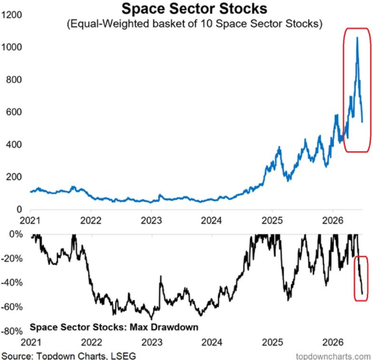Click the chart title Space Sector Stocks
(x=194, y=9)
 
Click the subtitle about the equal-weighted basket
(x=194, y=24)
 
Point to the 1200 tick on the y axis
(x=12, y=15)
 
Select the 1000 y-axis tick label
(x=12, y=47)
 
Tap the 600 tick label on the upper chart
(x=14, y=112)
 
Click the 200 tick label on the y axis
(x=14, y=177)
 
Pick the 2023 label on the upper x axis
(x=151, y=220)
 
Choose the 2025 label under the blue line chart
(x=272, y=220)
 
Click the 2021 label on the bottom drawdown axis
(x=31, y=342)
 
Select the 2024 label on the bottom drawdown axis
(x=211, y=342)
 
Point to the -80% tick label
(x=12, y=331)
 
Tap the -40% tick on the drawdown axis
(x=12, y=283)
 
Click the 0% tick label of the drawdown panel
(x=16, y=235)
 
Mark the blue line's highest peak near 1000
(x=357, y=38)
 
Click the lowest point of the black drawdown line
(x=151, y=319)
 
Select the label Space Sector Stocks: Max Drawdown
(x=114, y=327)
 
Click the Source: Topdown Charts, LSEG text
(x=68, y=356)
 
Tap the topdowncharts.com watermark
(x=333, y=357)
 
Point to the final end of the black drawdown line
(x=362, y=294)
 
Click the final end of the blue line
(x=362, y=122)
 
